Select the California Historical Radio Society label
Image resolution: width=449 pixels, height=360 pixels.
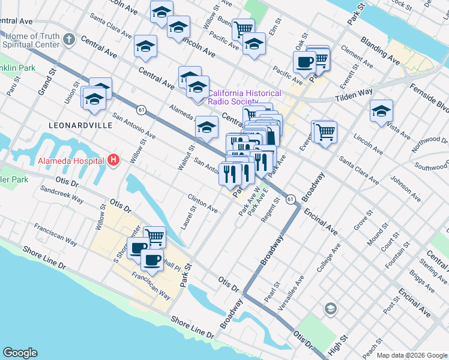[x=244, y=97]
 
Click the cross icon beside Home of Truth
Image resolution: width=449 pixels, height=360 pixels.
[x=69, y=40]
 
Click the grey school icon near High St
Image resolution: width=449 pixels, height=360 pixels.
[x=330, y=309]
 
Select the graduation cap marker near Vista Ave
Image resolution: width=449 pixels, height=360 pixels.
[x=381, y=110]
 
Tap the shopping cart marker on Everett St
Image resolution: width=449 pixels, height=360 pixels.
[x=325, y=131]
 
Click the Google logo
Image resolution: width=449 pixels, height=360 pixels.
[x=20, y=353]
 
